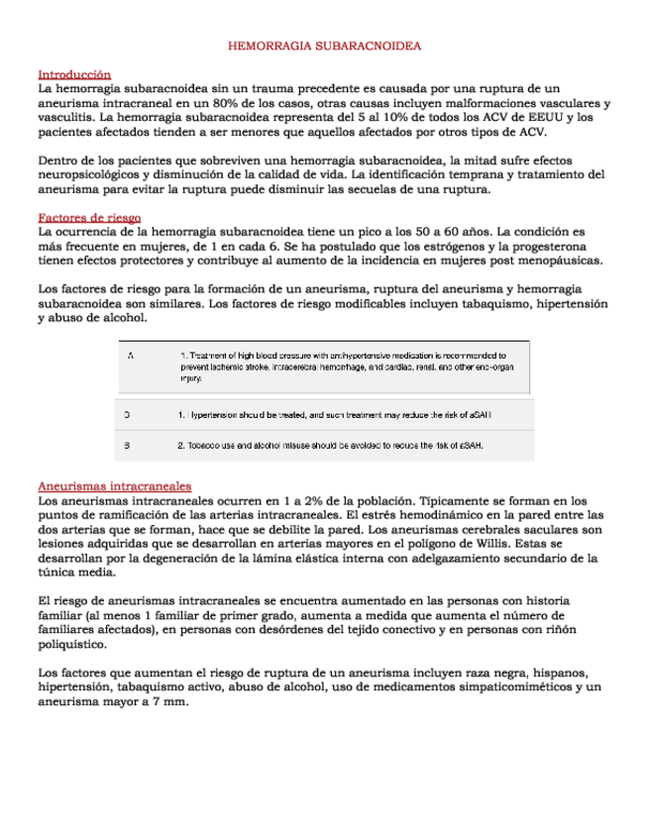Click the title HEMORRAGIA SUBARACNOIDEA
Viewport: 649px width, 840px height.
(x=325, y=47)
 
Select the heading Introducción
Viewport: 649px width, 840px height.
(x=74, y=74)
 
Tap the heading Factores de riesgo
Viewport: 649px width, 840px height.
(x=89, y=217)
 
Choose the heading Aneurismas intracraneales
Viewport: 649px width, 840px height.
(x=114, y=486)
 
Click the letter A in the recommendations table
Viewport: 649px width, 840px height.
(x=131, y=355)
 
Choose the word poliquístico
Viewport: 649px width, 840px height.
(x=72, y=643)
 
